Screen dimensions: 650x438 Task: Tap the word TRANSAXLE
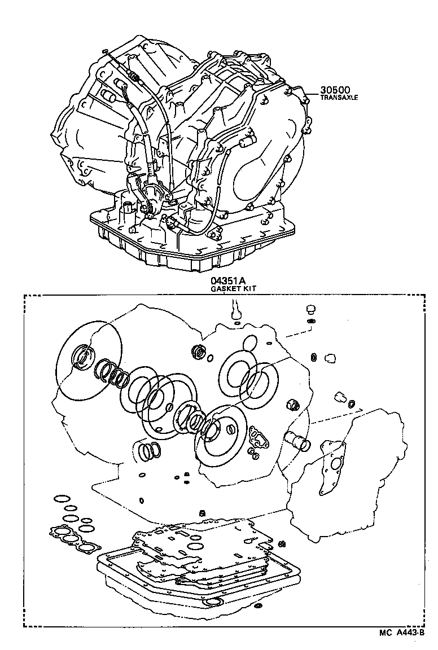point(339,98)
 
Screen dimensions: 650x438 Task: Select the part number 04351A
point(229,282)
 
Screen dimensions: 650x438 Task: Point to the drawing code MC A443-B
point(402,634)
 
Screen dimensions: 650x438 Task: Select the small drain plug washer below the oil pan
point(258,607)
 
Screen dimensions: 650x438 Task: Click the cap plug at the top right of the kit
point(310,309)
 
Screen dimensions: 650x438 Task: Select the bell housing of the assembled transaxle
point(85,135)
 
